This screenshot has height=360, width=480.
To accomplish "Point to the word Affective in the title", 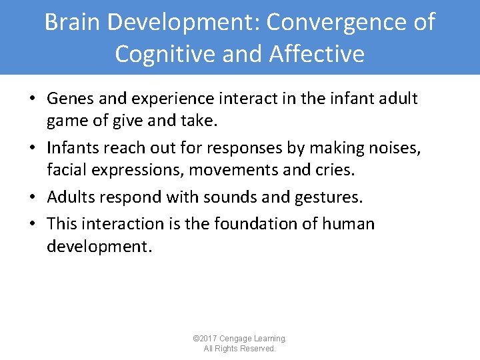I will (x=317, y=54).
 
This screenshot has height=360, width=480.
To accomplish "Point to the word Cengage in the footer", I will (x=239, y=339).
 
